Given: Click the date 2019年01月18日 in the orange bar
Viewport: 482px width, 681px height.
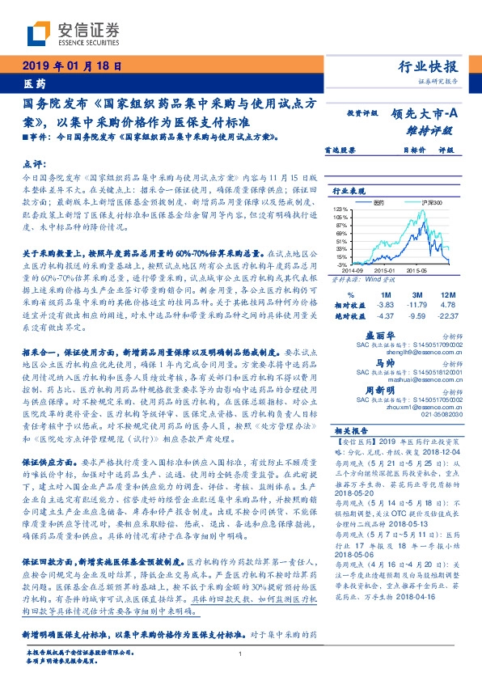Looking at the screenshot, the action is click(x=70, y=66).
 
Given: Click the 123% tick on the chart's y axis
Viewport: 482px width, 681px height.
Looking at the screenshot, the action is click(x=342, y=209).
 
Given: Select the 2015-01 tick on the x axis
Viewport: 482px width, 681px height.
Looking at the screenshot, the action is click(x=383, y=269).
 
